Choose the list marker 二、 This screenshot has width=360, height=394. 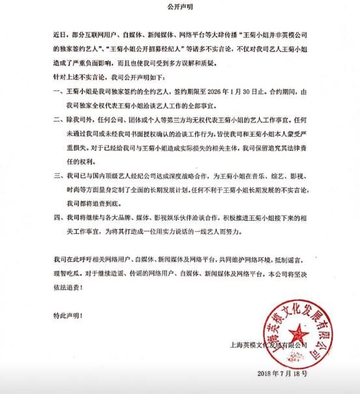pos(59,122)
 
